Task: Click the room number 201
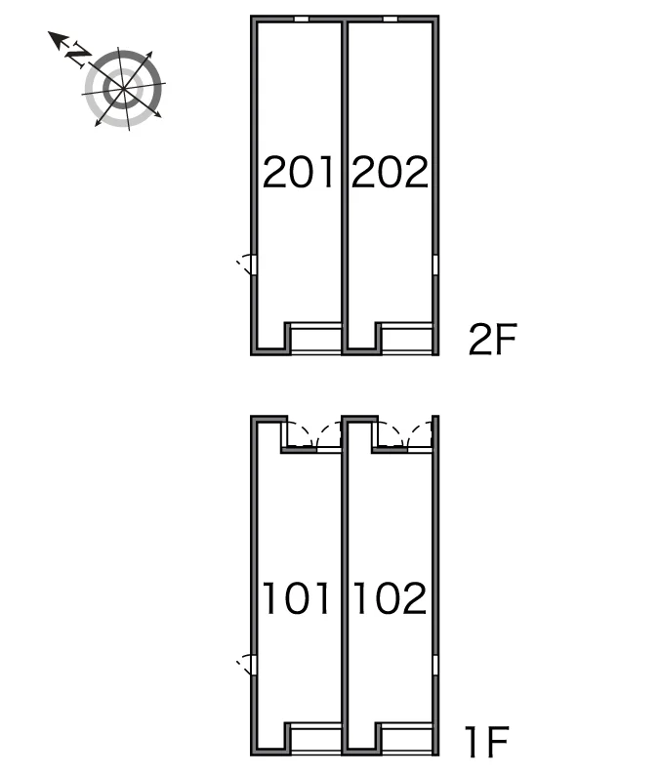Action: pos(298,172)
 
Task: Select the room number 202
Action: pos(390,172)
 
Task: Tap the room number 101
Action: pos(296,598)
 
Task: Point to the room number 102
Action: pos(390,598)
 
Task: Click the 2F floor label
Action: pos(492,339)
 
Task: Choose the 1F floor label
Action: pos(487,742)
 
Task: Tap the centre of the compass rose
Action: pos(123,89)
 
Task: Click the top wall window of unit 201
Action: pos(302,19)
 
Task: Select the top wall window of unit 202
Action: pos(391,19)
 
